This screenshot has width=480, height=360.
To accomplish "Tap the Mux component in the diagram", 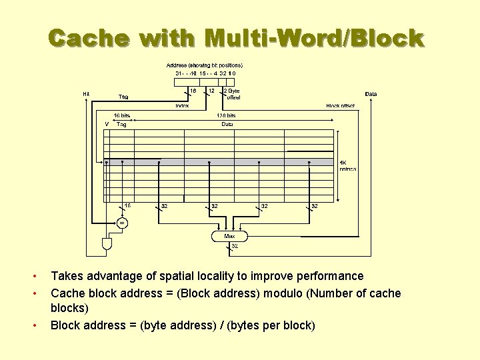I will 229,235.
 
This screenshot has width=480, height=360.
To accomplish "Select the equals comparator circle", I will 122,223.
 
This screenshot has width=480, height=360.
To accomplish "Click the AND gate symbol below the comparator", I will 107,244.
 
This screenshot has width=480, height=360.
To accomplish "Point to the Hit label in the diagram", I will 87,94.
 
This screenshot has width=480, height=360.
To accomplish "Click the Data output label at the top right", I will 371,94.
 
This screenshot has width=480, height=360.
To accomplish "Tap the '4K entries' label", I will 347,165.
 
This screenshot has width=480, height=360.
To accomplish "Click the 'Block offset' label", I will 340,105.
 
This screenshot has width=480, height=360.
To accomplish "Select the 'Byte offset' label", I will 232,94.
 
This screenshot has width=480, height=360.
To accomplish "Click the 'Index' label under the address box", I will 182,105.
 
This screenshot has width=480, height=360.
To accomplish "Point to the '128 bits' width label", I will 227,115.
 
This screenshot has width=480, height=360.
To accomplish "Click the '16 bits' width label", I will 121,115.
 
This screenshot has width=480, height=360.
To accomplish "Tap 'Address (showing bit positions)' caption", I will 205,65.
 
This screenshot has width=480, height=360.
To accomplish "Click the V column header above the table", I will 107,124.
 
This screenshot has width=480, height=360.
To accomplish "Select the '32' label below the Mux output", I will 234,246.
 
